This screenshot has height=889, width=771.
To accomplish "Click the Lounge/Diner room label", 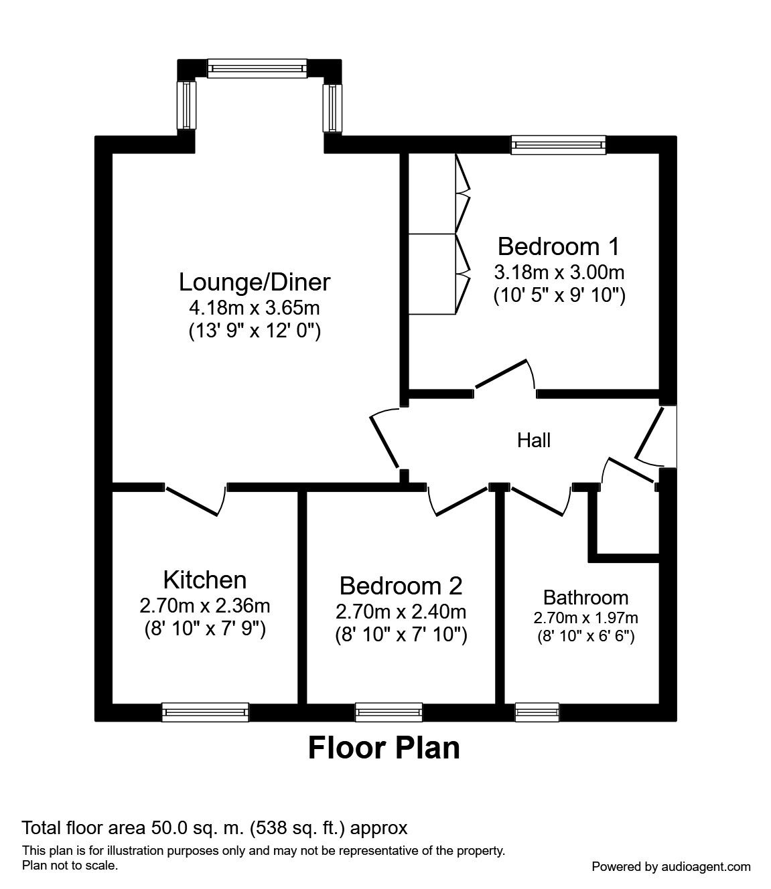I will [255, 282].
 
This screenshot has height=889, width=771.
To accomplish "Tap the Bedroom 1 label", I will [559, 246].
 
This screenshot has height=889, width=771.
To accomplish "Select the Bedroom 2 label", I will [401, 586].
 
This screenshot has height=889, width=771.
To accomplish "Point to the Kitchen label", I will [204, 580].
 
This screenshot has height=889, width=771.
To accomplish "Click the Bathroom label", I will [585, 597].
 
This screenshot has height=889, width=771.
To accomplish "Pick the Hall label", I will [534, 440].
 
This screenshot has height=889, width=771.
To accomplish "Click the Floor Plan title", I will [384, 748].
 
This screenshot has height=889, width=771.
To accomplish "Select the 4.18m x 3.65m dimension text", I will [255, 309].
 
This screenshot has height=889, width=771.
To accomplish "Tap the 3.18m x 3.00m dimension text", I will [559, 272].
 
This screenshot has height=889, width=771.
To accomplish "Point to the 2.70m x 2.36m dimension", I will [204, 607].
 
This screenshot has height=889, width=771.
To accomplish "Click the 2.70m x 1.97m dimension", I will [585, 618].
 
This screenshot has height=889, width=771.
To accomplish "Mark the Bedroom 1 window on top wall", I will [558, 145].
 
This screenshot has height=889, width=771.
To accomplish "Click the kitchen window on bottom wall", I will [205, 712].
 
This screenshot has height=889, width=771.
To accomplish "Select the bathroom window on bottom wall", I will [537, 712].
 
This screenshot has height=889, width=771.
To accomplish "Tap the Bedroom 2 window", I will [389, 712].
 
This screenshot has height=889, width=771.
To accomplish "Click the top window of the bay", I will [257, 68].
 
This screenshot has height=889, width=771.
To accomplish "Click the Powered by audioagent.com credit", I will [671, 867].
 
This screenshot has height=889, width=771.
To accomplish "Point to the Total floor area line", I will [214, 828].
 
